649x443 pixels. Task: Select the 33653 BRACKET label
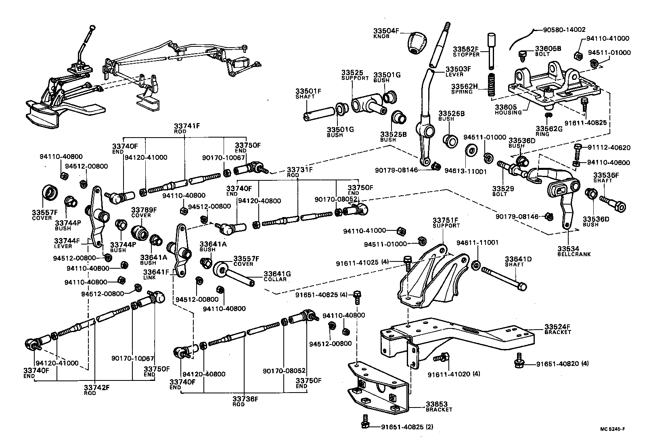point(439,406)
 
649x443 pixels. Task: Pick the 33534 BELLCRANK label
point(568,251)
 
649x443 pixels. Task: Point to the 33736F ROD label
point(245,401)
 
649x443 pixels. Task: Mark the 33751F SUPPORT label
point(446,223)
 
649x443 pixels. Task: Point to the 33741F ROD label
point(187,128)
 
